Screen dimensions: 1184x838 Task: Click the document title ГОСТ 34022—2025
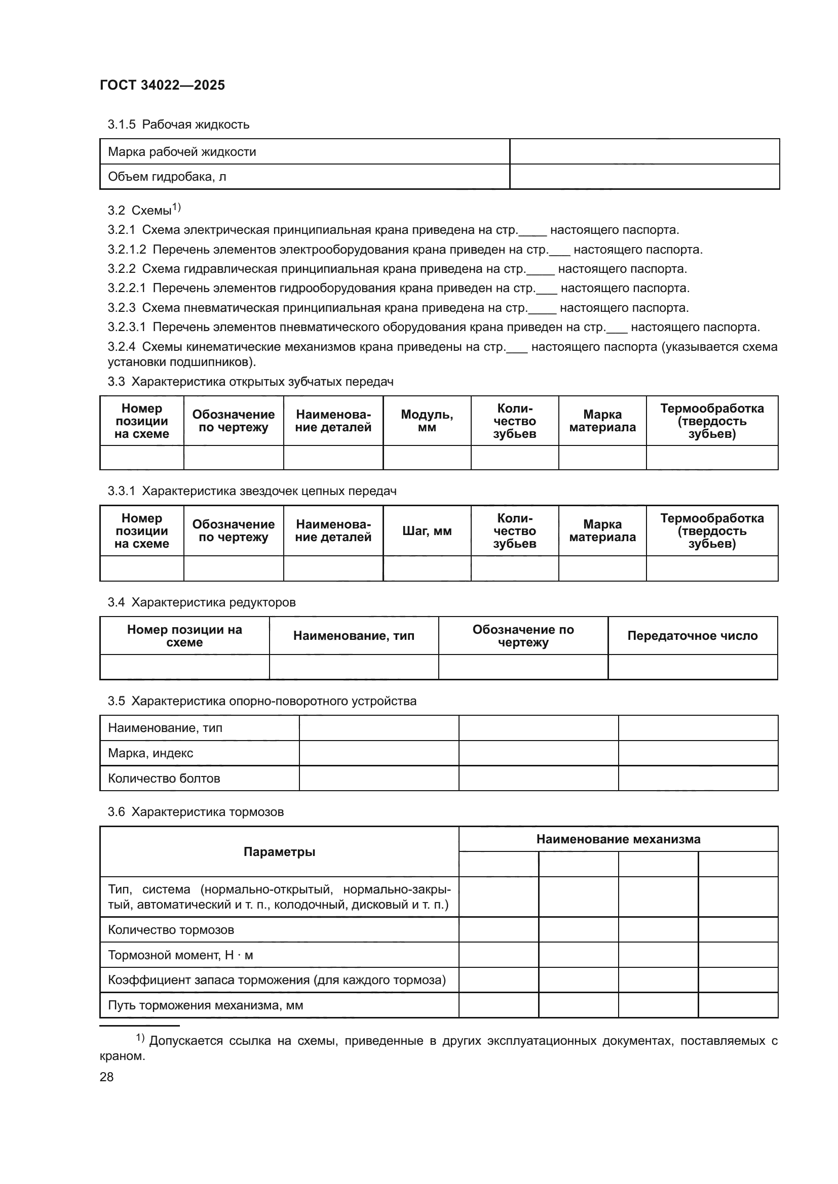[162, 85]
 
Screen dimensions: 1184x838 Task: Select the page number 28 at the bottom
[106, 1077]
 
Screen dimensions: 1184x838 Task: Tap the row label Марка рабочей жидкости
[182, 152]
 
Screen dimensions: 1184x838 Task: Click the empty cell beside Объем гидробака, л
[644, 177]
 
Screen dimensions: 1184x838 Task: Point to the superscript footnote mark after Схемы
[176, 208]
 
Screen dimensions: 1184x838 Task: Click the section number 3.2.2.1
[127, 288]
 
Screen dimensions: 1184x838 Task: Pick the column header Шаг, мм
[427, 531]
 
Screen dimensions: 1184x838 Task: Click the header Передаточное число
[692, 636]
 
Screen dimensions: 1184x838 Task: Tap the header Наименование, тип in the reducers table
[354, 636]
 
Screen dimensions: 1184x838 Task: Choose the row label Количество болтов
[164, 778]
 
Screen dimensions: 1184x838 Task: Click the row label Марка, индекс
[150, 753]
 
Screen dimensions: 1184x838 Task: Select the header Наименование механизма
[618, 839]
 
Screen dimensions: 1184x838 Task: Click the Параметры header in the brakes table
[279, 852]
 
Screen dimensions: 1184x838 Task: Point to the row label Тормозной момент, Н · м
[180, 955]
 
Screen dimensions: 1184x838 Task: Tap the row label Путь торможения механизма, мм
[205, 1005]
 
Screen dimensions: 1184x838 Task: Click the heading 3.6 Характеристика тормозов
[196, 812]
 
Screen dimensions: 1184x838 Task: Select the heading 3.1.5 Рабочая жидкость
[178, 125]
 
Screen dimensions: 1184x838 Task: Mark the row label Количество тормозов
[171, 930]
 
